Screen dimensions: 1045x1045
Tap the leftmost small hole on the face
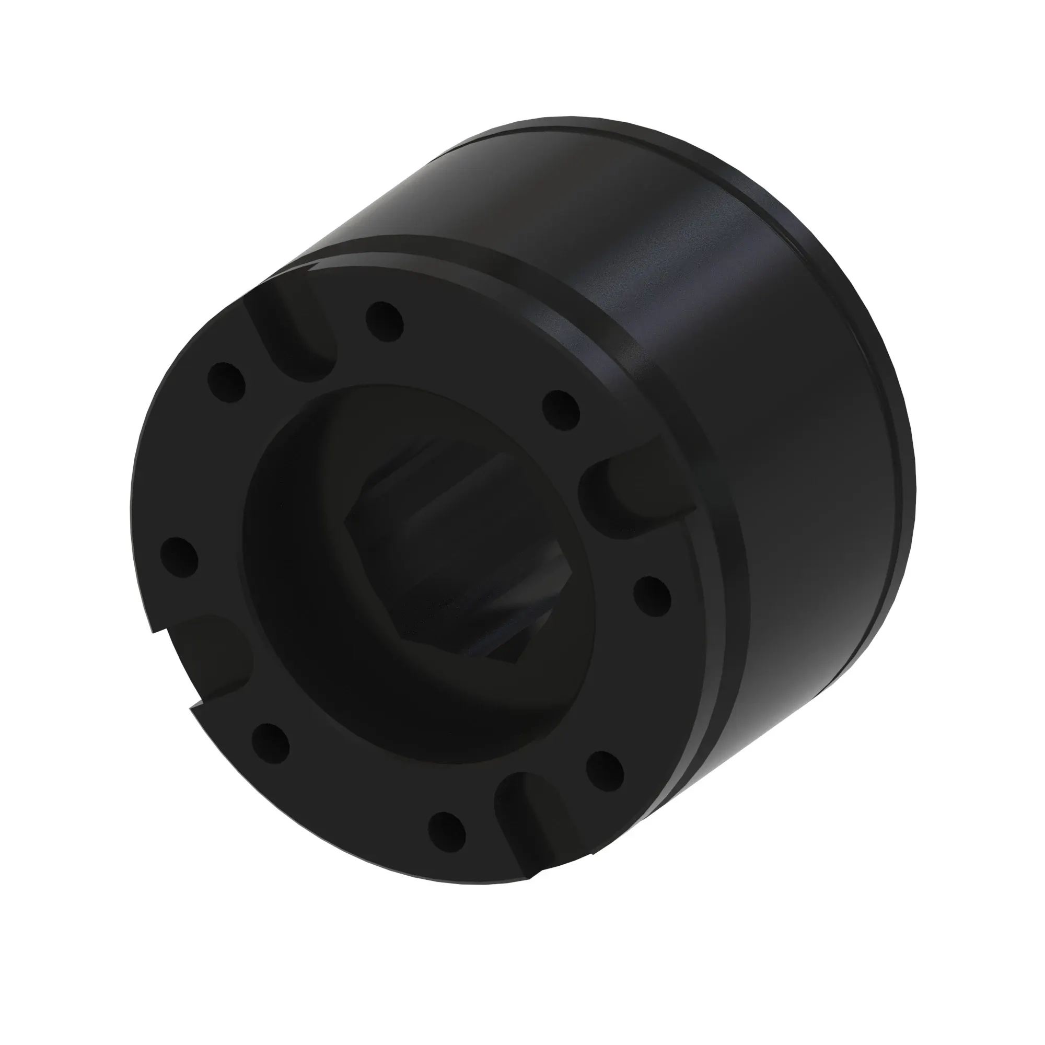coord(179,557)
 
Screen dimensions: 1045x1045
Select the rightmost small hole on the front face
coord(652,596)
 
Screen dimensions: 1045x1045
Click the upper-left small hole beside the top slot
coord(227,382)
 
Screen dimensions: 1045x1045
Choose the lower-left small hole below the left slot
coord(271,742)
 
